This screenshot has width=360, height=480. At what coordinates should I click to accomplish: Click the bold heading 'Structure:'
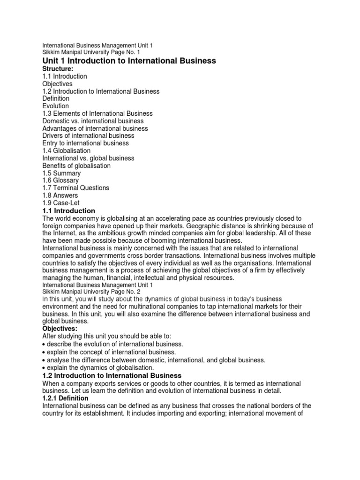pos(58,69)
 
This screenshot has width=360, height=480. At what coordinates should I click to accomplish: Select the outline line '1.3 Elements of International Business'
pos(97,113)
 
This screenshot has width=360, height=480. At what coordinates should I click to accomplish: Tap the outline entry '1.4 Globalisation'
pos(67,151)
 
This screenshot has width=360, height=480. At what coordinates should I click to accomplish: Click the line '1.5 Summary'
pos(61,173)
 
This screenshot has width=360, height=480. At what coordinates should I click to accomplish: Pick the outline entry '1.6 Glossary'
pos(60,180)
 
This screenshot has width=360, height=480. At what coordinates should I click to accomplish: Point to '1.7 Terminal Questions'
pos(75,188)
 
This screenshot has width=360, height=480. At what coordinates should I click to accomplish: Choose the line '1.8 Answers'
pos(60,195)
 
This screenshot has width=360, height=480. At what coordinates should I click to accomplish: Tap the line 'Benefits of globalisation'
pos(76,166)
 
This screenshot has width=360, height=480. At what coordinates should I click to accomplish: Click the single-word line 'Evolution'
pos(55,106)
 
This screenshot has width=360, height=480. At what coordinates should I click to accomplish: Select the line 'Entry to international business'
pos(85,143)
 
